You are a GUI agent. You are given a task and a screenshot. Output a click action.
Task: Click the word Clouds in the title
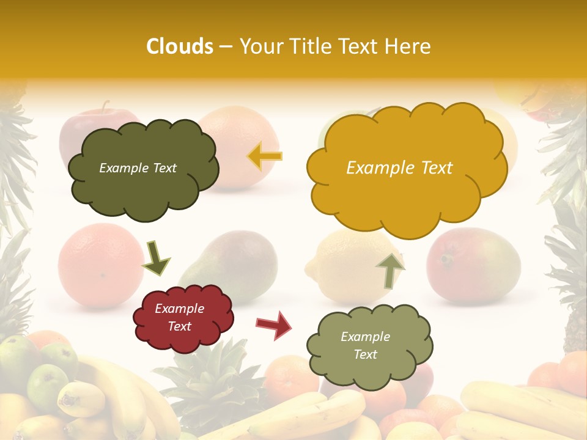click(x=180, y=46)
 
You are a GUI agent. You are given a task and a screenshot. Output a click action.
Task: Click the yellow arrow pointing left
click(x=265, y=156)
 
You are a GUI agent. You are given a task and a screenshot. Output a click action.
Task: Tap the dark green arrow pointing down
click(x=156, y=257)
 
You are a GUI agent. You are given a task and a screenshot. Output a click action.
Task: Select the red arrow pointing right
click(x=274, y=324)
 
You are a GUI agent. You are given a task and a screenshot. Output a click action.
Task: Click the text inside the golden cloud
click(x=399, y=168)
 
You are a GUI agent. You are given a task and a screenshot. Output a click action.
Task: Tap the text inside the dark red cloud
click(x=180, y=318)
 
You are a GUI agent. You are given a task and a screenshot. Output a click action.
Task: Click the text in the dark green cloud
click(x=138, y=168)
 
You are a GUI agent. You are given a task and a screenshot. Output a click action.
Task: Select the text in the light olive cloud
click(x=365, y=345)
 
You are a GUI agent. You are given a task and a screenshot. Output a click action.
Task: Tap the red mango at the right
click(x=474, y=266)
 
